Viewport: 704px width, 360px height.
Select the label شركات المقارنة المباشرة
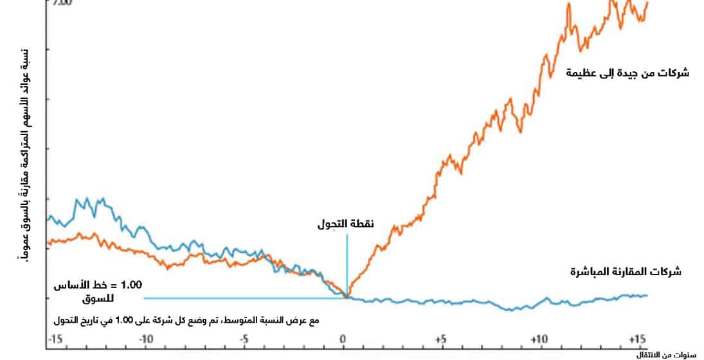[626, 272]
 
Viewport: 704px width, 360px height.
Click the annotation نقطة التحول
[346, 224]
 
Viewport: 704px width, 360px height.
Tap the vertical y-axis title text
[25, 154]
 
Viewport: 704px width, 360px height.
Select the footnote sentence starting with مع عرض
[188, 319]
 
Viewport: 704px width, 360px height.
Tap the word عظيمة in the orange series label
[581, 73]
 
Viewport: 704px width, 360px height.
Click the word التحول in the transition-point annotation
[332, 224]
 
